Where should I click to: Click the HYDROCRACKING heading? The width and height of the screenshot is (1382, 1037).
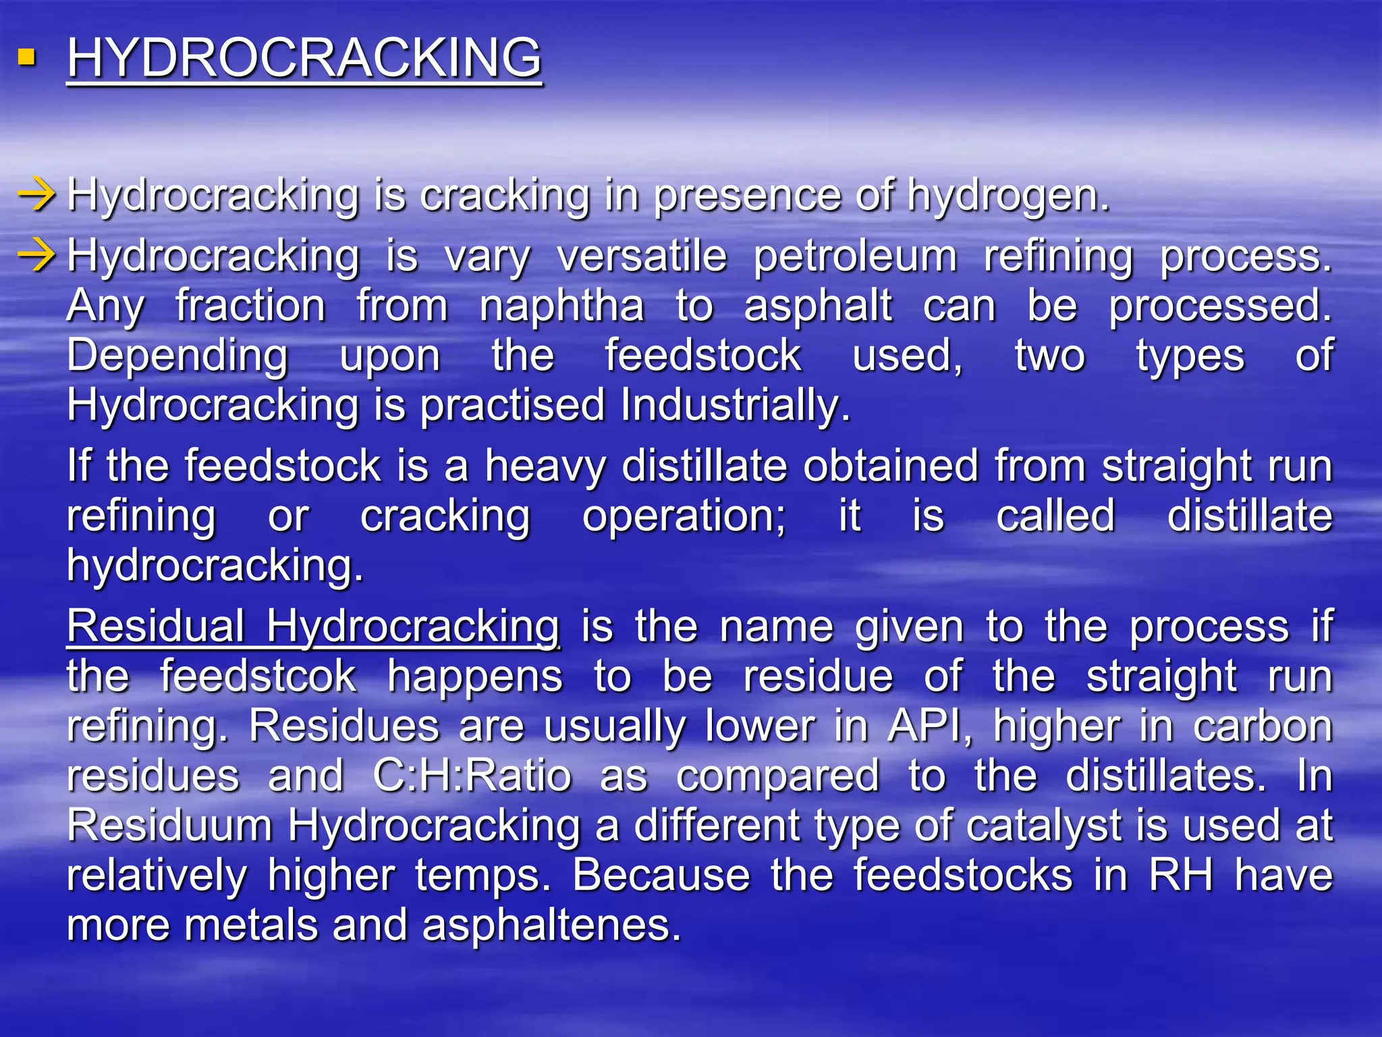304,59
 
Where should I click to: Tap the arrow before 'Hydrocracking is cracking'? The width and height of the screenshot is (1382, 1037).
37,196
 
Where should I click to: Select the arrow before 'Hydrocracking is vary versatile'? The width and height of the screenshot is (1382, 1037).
37,257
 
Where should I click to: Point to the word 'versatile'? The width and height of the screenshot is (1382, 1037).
642,257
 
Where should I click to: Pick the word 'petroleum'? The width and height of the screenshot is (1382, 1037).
855,257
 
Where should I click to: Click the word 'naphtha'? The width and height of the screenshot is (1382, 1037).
561,307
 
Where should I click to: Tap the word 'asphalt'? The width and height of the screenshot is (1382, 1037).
818,307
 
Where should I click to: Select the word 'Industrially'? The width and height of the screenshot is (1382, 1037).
734,406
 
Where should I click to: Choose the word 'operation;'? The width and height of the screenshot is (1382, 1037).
684,516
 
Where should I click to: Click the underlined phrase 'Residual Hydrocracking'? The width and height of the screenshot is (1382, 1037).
313,627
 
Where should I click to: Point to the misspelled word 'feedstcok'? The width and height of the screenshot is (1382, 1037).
258,676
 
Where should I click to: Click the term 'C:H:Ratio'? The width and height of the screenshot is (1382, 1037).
472,776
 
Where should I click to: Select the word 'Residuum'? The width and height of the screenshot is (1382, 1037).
169,826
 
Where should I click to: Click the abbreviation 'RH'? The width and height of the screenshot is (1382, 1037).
1180,876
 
